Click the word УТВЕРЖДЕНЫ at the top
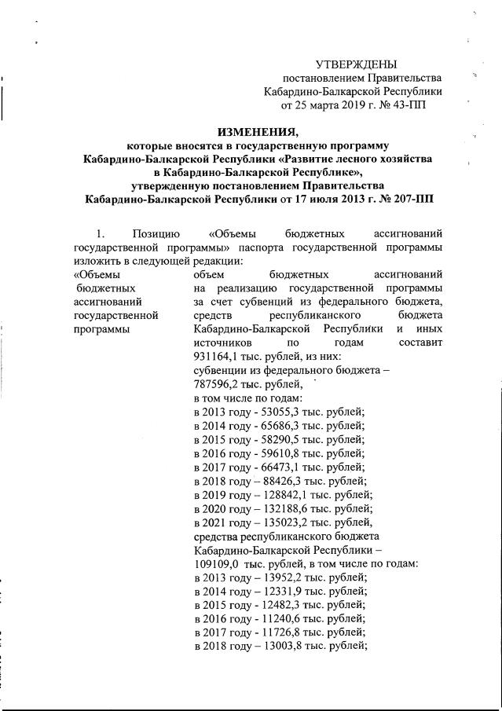(x=356, y=64)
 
